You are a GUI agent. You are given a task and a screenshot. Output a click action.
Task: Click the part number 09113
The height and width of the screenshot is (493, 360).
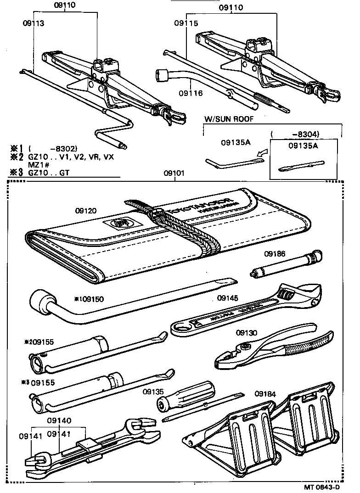[x=34, y=22]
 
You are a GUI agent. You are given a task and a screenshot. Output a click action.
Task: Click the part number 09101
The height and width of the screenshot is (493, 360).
[x=174, y=174]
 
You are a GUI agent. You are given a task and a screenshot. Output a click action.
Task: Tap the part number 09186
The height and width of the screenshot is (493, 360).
[x=274, y=253]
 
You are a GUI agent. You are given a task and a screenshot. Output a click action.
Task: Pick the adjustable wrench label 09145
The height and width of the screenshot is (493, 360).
[x=228, y=298]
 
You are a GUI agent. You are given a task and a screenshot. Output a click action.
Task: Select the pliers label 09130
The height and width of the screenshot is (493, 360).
[x=247, y=332]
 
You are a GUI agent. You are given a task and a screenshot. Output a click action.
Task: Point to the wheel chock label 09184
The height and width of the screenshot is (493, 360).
[x=265, y=393]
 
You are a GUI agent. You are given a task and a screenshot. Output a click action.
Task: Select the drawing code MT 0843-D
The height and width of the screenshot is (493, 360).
[x=323, y=487]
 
